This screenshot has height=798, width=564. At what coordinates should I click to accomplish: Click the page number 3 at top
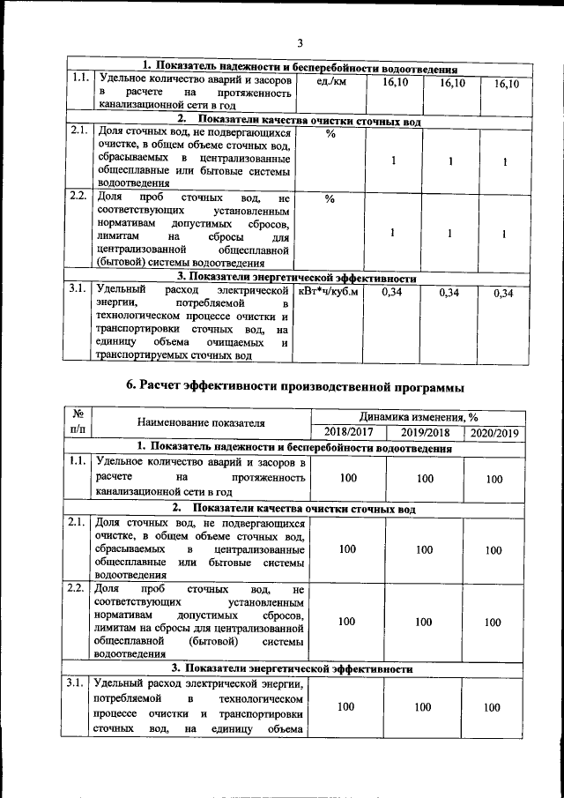pos(299,43)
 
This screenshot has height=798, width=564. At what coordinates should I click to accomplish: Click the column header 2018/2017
pos(349,433)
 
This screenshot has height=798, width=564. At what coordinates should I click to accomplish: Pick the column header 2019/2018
pos(425,433)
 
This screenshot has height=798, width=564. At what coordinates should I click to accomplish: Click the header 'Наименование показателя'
pos(201,425)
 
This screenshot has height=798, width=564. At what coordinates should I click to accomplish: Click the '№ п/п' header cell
pos(79,424)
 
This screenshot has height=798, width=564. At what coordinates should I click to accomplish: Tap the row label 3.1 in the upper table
pos(78,288)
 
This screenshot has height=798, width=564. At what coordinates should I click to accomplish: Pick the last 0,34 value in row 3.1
pos(503,293)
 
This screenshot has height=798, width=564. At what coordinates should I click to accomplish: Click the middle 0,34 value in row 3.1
pos(449,293)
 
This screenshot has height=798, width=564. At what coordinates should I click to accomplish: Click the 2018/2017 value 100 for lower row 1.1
pos(347,478)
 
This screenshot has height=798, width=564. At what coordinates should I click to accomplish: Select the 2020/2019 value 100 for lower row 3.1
pos(494,707)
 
